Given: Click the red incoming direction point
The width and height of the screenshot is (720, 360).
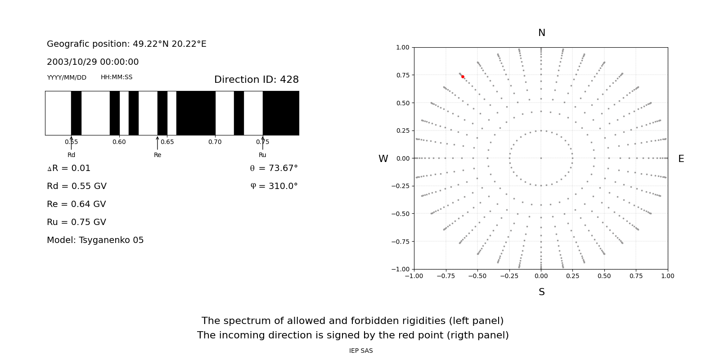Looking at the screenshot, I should (x=463, y=77).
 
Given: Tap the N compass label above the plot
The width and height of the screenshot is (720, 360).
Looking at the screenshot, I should (x=541, y=33).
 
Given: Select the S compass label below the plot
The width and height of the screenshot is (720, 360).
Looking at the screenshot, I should (x=541, y=292).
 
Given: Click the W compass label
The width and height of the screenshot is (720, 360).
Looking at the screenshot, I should (x=383, y=159).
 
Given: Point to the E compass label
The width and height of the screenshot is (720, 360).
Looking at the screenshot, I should (x=681, y=159).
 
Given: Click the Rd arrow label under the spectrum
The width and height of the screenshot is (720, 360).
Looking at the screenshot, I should (x=71, y=155).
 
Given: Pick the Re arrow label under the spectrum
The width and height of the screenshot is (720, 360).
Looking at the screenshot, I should (x=157, y=155).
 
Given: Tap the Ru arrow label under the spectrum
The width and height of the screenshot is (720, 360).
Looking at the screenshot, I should (x=262, y=155).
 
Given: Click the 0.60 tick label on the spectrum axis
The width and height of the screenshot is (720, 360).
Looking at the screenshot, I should (x=119, y=142).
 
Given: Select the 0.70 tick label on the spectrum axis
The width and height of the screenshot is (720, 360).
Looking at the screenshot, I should (x=215, y=142).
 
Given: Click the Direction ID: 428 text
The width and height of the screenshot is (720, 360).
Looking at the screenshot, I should (x=256, y=80).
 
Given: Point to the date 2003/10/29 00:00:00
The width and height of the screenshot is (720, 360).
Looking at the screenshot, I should (x=93, y=62).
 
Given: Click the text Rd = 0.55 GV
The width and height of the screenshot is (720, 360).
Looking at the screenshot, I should (x=76, y=186).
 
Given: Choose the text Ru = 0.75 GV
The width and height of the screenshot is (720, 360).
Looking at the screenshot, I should (x=76, y=222).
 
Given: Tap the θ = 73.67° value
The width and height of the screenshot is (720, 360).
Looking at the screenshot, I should (x=274, y=168).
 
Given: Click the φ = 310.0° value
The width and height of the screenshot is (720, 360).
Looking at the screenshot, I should (x=274, y=186).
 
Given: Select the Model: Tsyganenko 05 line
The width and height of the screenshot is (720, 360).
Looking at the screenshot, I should (x=95, y=240).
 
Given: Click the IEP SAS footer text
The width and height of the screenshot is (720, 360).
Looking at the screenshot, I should (x=361, y=351).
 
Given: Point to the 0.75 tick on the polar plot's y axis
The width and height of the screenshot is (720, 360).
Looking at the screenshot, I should (x=403, y=75).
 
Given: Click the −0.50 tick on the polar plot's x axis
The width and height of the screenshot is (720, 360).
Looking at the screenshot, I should (x=477, y=276).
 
